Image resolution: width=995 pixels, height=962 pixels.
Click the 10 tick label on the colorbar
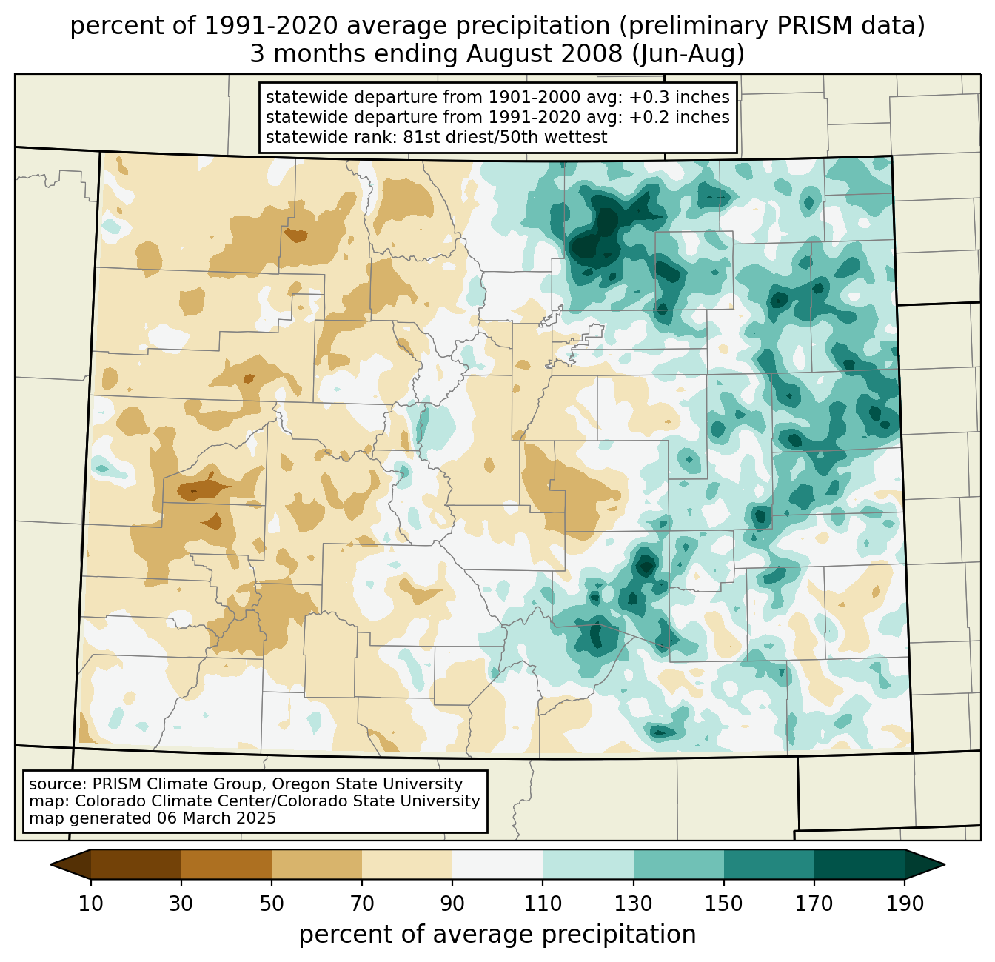(91, 903)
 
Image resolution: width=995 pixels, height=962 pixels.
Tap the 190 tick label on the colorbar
(904, 903)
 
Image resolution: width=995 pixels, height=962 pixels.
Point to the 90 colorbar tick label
(452, 903)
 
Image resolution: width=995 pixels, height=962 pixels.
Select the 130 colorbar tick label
(633, 903)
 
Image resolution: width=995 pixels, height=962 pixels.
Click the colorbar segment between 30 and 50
(227, 864)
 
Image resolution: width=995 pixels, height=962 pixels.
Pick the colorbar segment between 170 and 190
(859, 864)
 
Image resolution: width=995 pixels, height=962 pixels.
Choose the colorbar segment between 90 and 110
(497, 864)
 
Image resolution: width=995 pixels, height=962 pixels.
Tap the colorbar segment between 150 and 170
(768, 864)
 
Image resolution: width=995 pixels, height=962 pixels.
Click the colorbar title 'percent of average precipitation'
(497, 935)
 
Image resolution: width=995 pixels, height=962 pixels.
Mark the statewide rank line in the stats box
(436, 137)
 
